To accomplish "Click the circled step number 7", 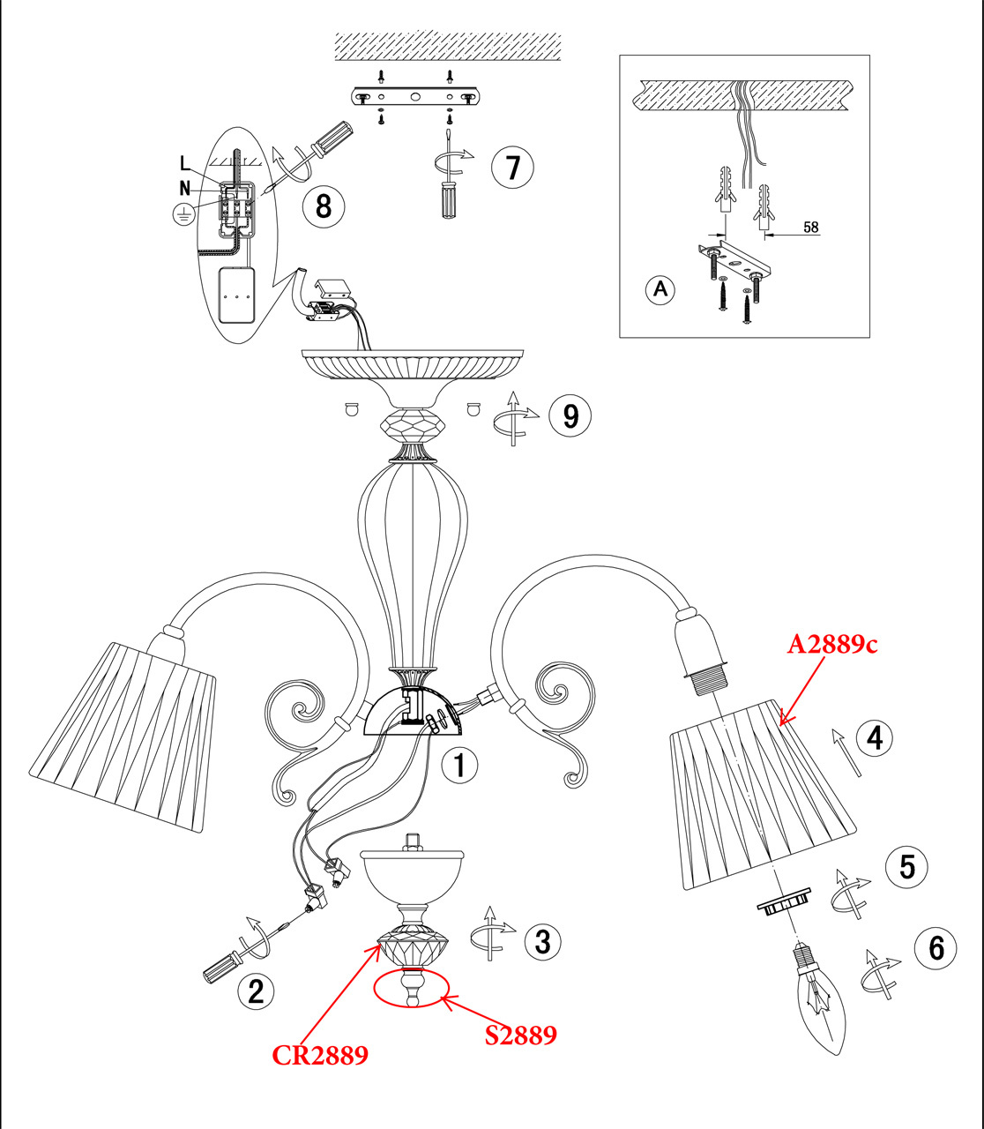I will coord(513,167).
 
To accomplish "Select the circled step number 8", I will coord(323,206).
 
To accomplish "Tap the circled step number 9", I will coord(570,415).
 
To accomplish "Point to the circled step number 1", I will coord(458,765).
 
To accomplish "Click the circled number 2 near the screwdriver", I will coord(256,991).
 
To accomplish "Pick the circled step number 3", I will coord(542,941).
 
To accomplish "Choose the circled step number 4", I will coord(874,737).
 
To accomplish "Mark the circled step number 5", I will coord(907,867).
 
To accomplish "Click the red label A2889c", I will coord(832,645).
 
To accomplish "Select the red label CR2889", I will coord(319,1056).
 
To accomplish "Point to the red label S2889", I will coord(521,1035).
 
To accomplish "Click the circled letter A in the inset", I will coord(660,289).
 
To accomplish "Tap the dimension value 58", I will coord(810,228).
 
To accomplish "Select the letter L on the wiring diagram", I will coord(184,163).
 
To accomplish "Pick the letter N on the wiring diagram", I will coord(185,187).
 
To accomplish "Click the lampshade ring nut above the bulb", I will coord(781,906).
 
